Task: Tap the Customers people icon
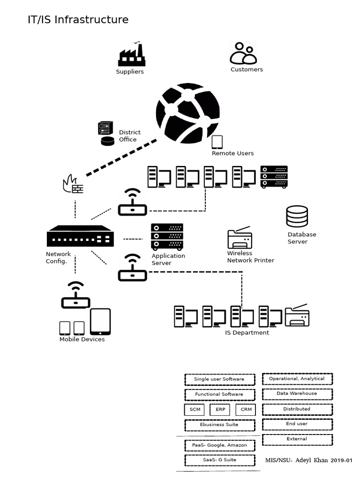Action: pos(243,53)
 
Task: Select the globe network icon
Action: pos(187,113)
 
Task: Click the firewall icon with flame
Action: pos(73,184)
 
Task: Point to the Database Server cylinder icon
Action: pos(297,217)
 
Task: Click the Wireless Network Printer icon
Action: pos(240,238)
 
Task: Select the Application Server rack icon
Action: pos(167,237)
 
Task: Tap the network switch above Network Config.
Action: pos(81,236)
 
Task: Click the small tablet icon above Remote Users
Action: pos(217,142)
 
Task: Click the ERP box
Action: pos(220,409)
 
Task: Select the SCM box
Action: pos(195,409)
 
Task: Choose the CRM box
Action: pos(246,409)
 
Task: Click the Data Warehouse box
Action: pos(297,394)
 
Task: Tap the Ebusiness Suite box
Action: pos(219,425)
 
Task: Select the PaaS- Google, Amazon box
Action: pos(219,445)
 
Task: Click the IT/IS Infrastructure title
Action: pos(78,20)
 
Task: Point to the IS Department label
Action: pos(247,333)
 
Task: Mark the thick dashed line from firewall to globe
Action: pos(122,157)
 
